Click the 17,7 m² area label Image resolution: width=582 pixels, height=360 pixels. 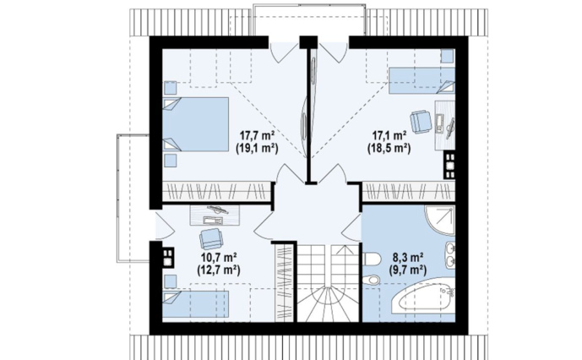point(257,134)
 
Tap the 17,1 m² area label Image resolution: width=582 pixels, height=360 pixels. point(389,134)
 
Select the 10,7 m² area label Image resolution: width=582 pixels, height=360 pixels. point(219,256)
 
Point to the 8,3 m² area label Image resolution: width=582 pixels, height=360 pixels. point(408,256)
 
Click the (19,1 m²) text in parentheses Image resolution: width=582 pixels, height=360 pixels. point(257,149)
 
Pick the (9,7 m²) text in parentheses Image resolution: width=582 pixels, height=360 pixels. point(407,270)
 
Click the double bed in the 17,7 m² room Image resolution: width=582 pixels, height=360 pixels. point(196,124)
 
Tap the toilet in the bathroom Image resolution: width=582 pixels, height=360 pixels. point(371,259)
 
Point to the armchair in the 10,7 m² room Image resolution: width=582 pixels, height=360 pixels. point(211,238)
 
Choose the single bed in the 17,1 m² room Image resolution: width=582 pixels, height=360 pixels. point(422,80)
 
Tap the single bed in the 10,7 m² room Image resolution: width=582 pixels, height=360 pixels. point(196,304)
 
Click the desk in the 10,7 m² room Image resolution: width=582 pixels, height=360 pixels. point(215,215)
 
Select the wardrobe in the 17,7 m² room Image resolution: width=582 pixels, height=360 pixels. point(216,192)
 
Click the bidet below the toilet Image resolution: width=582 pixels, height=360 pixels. point(371,280)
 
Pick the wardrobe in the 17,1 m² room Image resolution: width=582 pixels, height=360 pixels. point(409,192)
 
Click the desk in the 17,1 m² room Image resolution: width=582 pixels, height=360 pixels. point(445,125)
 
